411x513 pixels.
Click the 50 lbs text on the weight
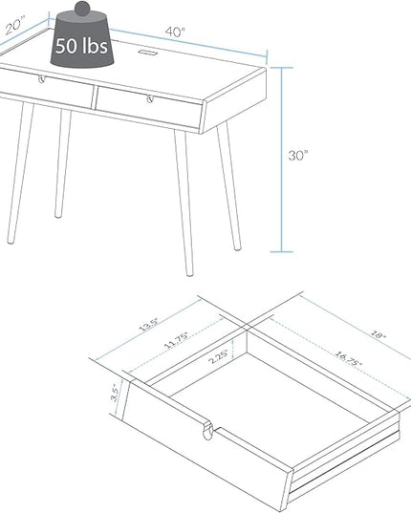81,45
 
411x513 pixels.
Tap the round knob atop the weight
82,9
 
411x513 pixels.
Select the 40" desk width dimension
175,32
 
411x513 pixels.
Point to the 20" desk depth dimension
15,26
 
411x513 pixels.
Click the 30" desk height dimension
298,155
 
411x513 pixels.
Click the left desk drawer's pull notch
41,79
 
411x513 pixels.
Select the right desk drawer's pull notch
150,98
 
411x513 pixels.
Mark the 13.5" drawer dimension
149,324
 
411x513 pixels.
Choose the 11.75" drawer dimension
176,340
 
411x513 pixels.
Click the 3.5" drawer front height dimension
115,393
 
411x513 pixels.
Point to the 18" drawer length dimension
379,334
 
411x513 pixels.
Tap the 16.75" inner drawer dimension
348,358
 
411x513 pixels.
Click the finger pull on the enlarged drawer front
207,430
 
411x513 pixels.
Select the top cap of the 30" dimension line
281,68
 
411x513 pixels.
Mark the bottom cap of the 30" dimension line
281,251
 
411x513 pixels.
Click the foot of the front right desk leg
189,273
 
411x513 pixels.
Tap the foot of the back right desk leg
238,248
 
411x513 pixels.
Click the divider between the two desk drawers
95,97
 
